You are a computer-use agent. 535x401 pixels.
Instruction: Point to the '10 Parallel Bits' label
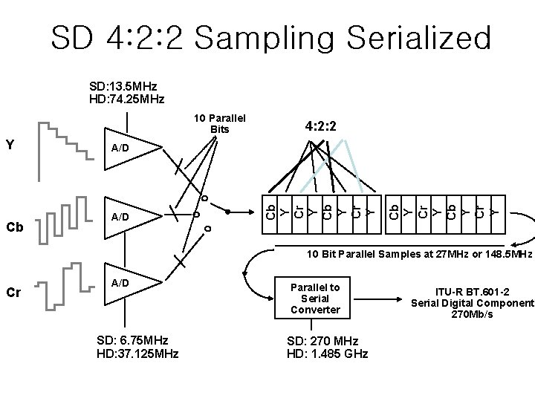(x=219, y=124)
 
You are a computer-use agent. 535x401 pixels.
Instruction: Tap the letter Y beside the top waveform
(x=10, y=143)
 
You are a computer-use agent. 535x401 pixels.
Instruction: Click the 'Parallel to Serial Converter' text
(x=314, y=298)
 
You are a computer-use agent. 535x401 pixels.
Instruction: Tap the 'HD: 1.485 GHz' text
(x=327, y=353)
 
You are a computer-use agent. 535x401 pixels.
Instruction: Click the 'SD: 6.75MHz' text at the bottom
(x=132, y=342)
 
